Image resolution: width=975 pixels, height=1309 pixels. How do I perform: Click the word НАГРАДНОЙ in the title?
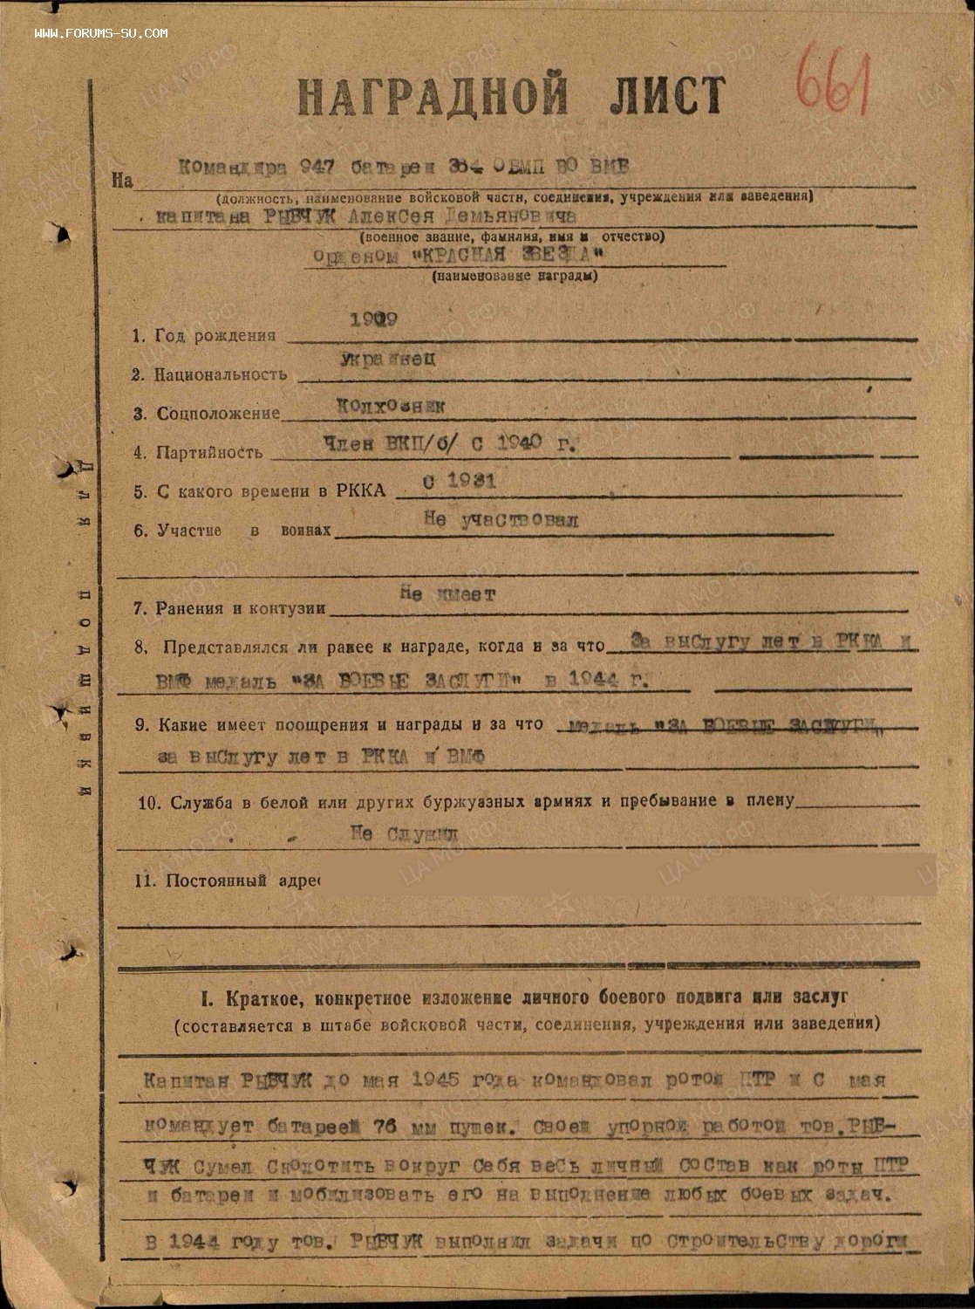pos(433,96)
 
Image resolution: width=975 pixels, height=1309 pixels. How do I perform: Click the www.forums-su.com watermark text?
pos(101,34)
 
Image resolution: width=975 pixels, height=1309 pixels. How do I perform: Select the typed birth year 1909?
pos(373,319)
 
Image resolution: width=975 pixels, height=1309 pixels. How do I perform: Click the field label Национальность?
pos(221,374)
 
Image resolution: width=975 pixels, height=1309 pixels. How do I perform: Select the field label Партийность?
pos(209,452)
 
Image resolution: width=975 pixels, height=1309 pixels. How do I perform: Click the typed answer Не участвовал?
pos(501,520)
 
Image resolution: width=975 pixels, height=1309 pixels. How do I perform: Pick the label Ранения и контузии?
pos(241,608)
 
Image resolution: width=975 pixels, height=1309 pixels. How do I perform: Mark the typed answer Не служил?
pos(404,833)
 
